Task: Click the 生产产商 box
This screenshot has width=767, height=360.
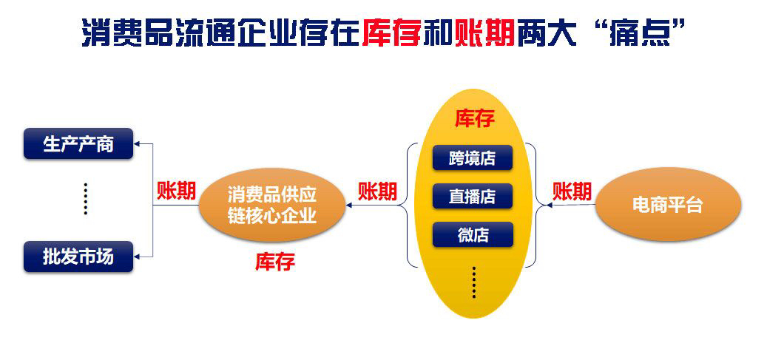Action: [78, 144]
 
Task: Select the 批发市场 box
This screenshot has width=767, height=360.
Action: [78, 257]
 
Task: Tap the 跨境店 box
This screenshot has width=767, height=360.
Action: [472, 157]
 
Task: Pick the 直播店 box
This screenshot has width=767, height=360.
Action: [472, 196]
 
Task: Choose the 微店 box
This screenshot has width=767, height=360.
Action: [473, 234]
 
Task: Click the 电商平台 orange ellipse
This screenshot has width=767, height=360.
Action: [668, 205]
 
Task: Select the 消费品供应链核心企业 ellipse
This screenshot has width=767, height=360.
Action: [272, 205]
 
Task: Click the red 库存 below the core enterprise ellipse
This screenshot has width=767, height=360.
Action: [275, 262]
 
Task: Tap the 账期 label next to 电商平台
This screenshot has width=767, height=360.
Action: [572, 191]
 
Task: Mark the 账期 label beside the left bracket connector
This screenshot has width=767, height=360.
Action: [176, 191]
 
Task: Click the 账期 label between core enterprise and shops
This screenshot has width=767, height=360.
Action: [377, 191]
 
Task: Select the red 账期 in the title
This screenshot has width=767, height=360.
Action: [484, 33]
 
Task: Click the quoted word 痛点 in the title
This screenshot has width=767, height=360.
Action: [639, 33]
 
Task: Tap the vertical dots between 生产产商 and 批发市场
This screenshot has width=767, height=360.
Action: [86, 199]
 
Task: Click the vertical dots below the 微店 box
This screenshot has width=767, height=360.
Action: [473, 282]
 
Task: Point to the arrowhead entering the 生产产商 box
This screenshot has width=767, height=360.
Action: [137, 144]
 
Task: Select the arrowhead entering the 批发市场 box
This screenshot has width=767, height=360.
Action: [137, 257]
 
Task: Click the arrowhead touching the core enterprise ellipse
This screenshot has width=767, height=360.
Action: [349, 206]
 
